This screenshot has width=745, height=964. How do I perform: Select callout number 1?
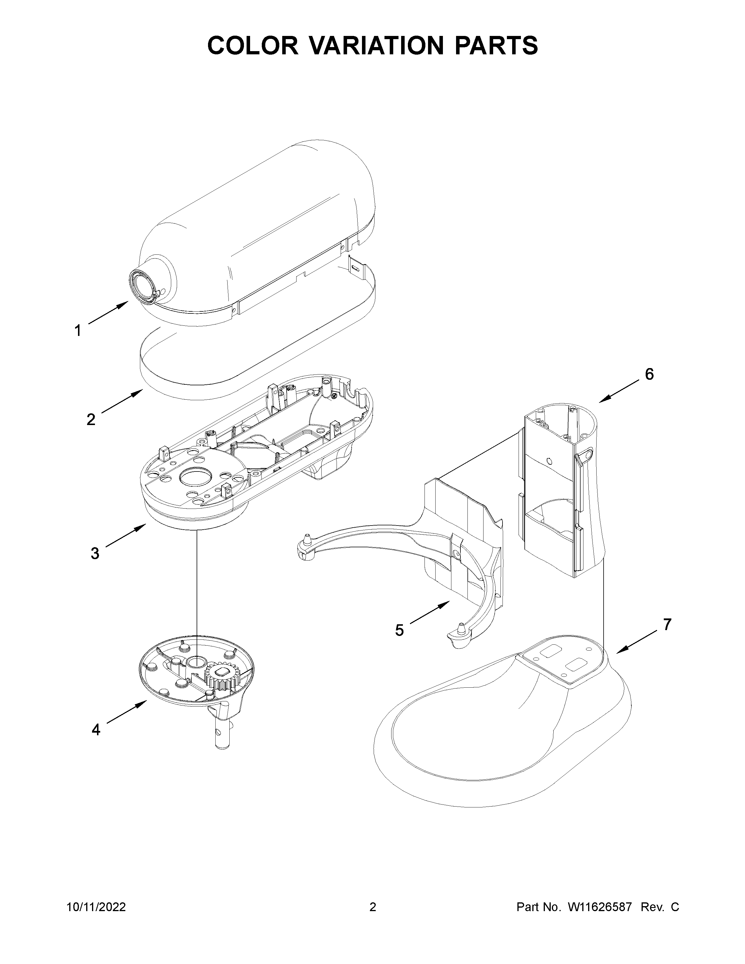[78, 331]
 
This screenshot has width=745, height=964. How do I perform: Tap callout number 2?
[91, 419]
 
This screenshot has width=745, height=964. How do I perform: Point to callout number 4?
[96, 730]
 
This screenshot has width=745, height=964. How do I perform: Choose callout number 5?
[399, 630]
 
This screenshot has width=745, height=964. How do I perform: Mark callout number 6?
[649, 374]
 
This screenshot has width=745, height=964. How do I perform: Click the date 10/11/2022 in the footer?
[96, 932]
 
